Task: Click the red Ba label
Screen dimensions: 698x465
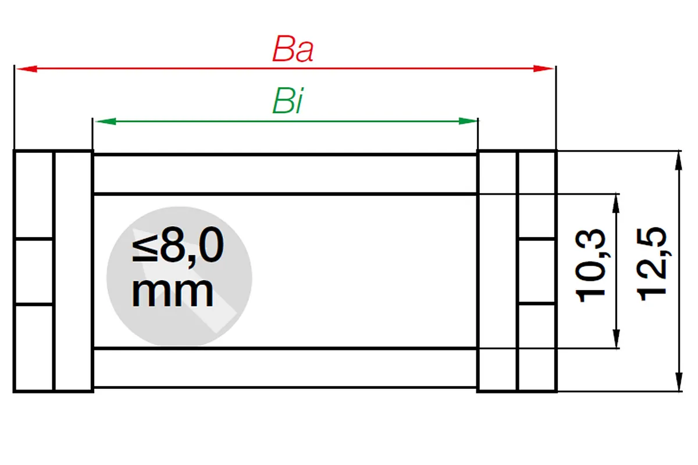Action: pos(293,49)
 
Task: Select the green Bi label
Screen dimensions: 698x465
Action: pos(287,101)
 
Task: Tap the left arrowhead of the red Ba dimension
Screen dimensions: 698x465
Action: pos(27,69)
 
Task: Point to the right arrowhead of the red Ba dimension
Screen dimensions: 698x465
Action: pos(543,69)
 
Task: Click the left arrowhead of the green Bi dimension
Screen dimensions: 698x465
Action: pos(105,121)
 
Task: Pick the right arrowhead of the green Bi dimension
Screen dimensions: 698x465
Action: pos(468,121)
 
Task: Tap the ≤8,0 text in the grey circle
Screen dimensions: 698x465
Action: pos(177,245)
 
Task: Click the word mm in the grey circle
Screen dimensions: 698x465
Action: pos(173,292)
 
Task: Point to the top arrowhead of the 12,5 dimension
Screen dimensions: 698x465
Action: pos(679,162)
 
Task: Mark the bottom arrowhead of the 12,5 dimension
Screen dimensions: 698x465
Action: pos(679,382)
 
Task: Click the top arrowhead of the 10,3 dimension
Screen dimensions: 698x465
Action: pos(616,204)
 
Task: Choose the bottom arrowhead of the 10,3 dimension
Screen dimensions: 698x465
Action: pos(616,338)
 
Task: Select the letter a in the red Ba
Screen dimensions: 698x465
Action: pos(304,52)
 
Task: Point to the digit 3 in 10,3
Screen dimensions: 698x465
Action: pos(590,240)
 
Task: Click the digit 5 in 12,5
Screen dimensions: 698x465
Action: pos(651,238)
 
